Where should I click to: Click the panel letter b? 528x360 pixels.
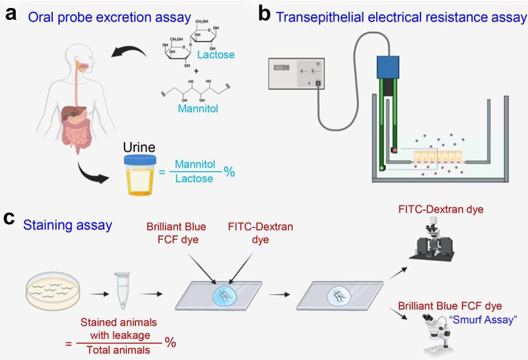point(265,14)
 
